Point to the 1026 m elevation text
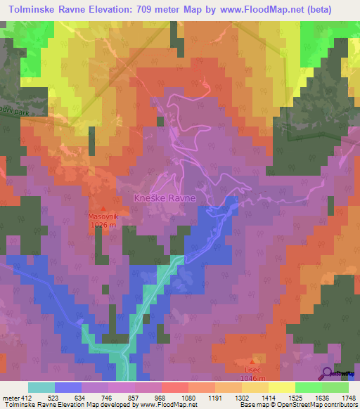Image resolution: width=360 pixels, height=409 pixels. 104,225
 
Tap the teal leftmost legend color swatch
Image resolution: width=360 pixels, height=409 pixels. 41,387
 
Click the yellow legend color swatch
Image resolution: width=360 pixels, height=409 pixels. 282,387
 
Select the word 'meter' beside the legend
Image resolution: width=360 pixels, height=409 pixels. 10,397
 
